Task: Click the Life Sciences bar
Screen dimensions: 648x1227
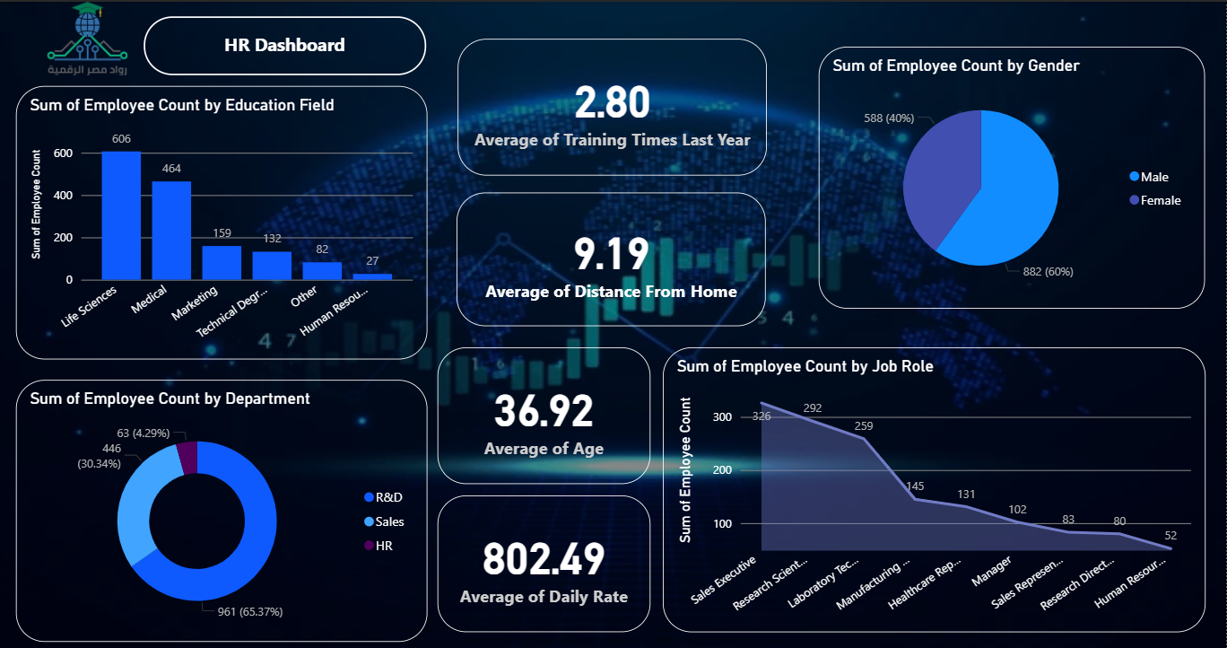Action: [121, 215]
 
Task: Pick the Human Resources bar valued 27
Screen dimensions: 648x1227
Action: [372, 276]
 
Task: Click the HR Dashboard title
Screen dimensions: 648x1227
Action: [284, 46]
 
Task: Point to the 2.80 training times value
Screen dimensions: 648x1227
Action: [612, 102]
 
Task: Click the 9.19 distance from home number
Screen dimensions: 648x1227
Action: [611, 254]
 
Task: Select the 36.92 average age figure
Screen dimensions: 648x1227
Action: [544, 411]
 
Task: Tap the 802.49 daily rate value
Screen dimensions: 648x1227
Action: [544, 559]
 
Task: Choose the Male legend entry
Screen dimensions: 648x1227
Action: [1154, 178]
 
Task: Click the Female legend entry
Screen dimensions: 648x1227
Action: [1160, 201]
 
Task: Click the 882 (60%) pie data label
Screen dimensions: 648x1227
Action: [1048, 271]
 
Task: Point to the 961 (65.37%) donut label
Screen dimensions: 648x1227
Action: [251, 612]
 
